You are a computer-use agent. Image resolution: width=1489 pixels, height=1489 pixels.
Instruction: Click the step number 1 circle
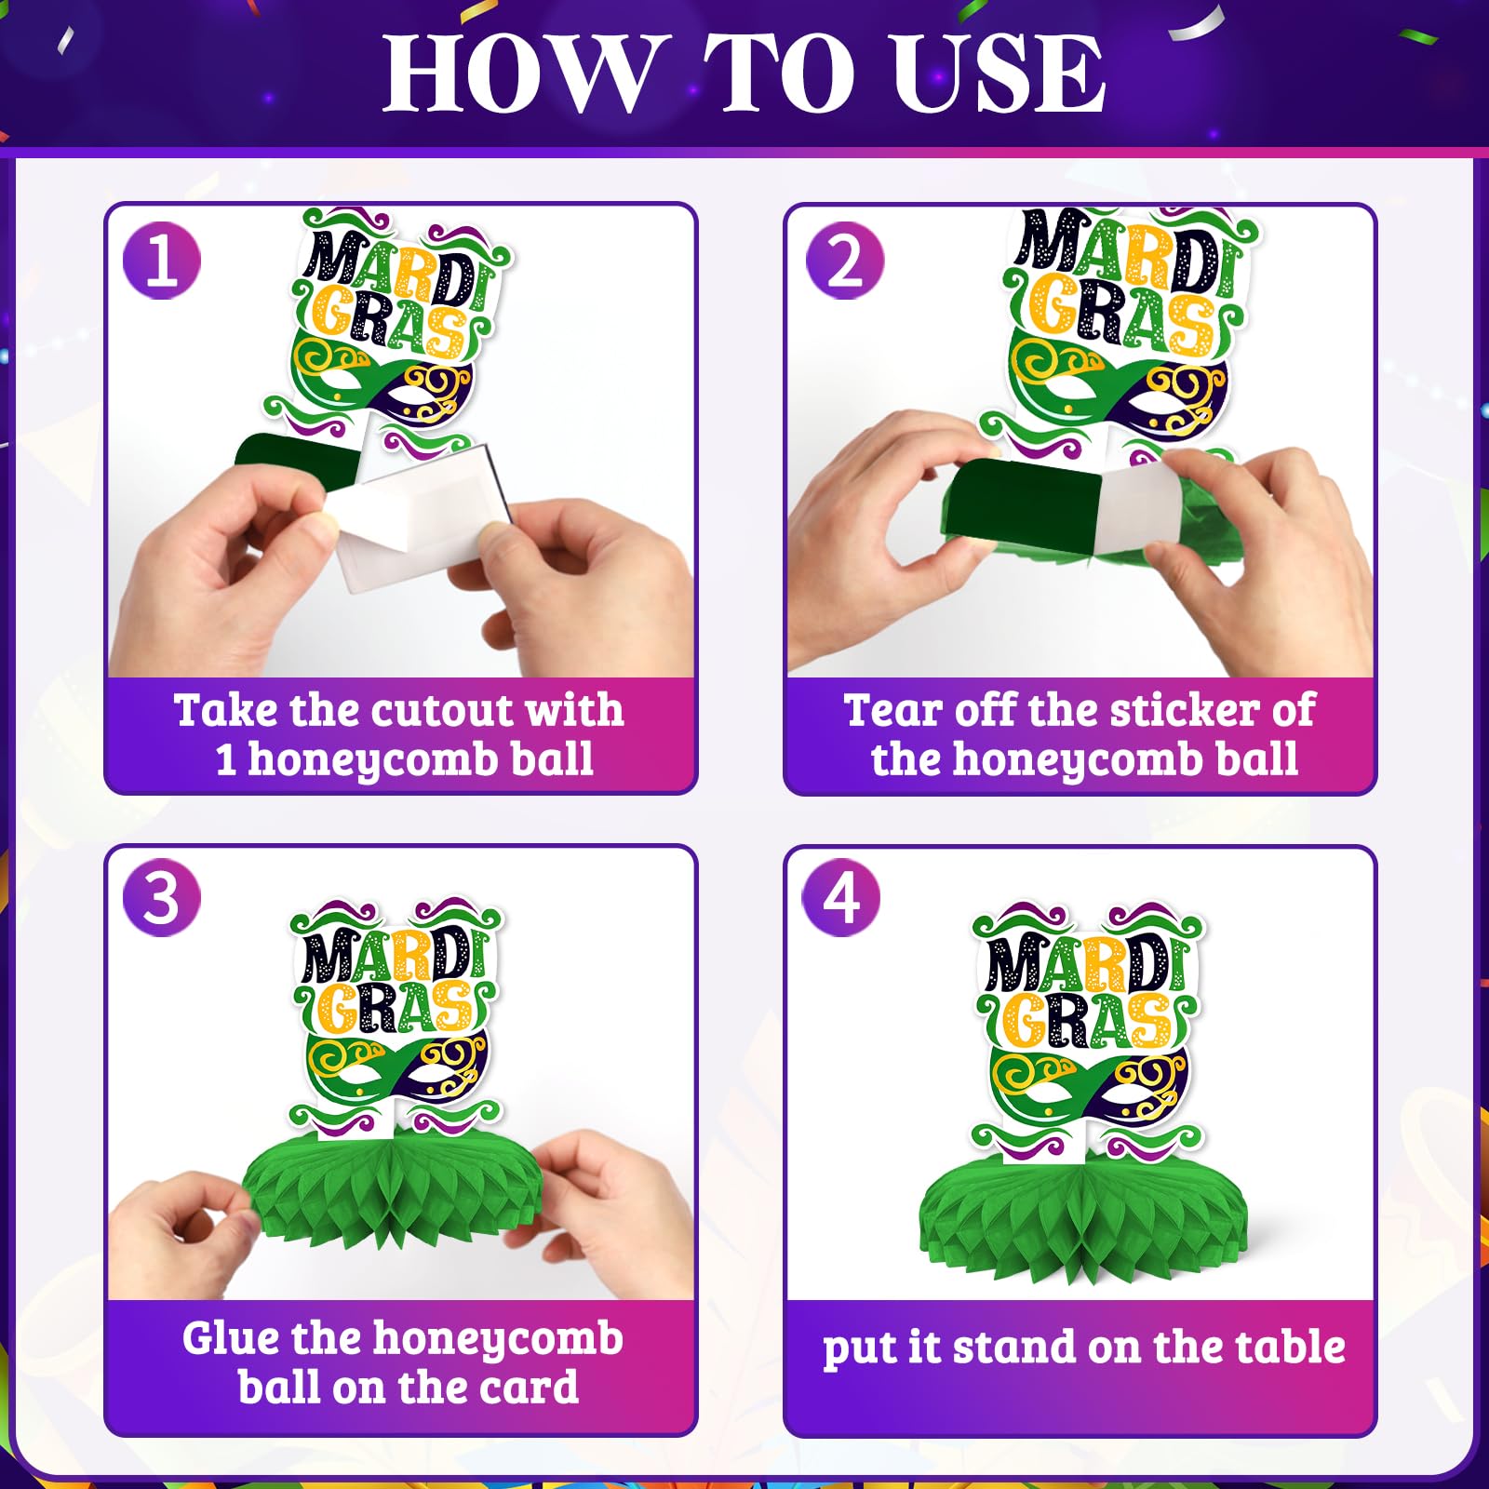(x=162, y=261)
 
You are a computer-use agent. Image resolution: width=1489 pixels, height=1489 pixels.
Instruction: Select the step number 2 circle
(x=845, y=261)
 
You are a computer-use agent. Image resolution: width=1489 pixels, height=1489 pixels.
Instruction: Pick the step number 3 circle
(x=162, y=897)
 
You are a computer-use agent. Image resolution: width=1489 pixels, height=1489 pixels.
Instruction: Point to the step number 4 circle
(x=841, y=897)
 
